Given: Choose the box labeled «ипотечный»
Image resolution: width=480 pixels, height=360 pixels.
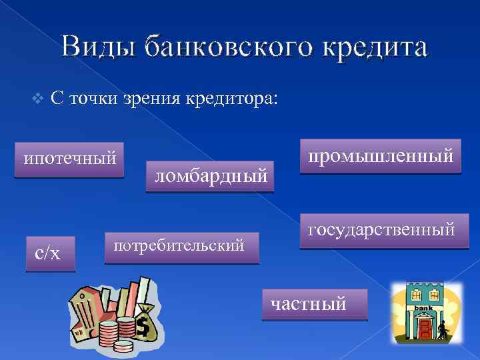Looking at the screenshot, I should tap(70, 160).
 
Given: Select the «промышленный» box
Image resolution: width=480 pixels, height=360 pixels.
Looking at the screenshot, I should tap(380, 157).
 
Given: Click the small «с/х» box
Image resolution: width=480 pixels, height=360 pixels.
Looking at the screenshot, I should tap(50, 253).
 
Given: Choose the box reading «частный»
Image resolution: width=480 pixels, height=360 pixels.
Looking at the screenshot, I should tap(314, 305).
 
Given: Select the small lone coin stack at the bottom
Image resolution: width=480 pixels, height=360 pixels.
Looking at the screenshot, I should tap(123, 345).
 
